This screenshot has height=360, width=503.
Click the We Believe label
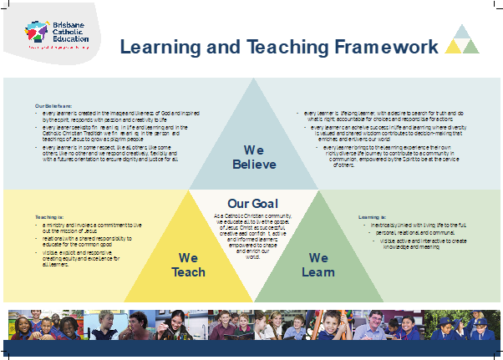click(x=253, y=156)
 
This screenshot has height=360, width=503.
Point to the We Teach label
click(x=188, y=265)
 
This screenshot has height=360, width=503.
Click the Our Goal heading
click(x=252, y=203)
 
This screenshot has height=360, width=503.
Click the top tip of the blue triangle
click(x=253, y=77)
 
